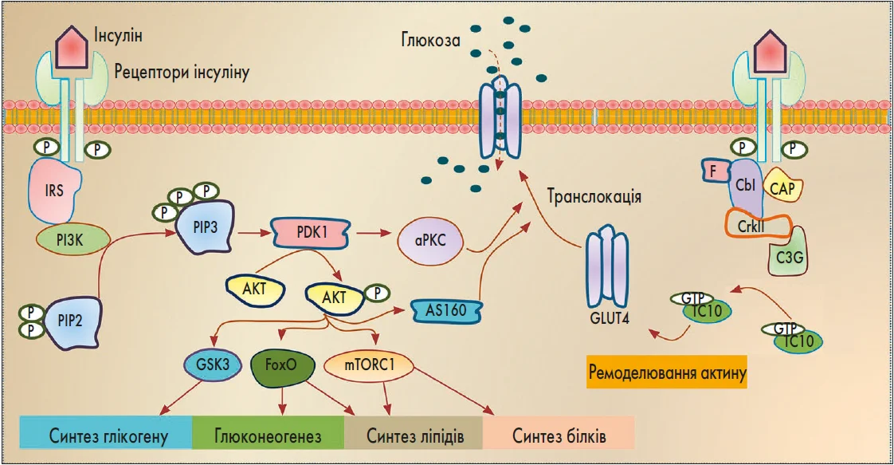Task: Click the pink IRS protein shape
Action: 55,192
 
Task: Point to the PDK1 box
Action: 303,233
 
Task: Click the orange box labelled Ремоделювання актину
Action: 668,372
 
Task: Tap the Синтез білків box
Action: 559,435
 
